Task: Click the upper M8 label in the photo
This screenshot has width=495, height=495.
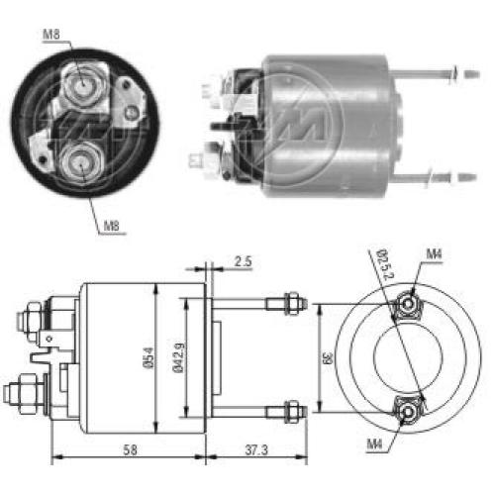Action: (x=51, y=35)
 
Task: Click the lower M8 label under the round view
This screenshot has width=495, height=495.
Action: (x=112, y=226)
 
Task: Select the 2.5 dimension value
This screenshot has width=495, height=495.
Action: (x=244, y=261)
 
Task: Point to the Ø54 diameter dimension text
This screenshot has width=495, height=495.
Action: (x=148, y=357)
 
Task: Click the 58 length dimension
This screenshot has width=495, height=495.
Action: (x=130, y=449)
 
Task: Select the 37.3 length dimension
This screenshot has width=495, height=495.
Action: (x=256, y=449)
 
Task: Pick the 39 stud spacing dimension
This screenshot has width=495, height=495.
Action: (x=329, y=357)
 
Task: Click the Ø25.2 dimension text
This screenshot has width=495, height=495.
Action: (x=386, y=264)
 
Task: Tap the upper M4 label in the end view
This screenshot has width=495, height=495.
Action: (x=434, y=254)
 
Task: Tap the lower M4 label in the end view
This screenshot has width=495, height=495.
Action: (x=374, y=445)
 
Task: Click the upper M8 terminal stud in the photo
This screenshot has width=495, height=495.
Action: (x=82, y=86)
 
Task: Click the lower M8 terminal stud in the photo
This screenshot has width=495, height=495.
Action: (x=81, y=161)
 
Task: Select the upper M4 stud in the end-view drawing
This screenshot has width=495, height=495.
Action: (x=408, y=304)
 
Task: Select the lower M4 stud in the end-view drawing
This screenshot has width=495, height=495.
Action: (x=408, y=412)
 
